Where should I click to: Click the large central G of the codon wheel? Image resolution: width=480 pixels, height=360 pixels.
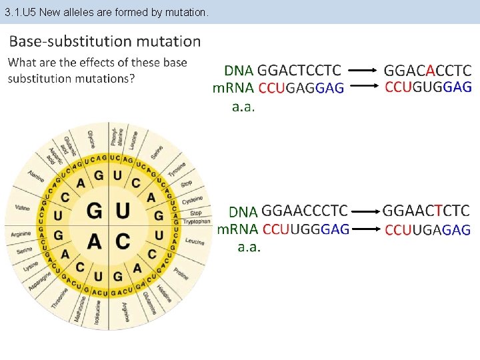point(95,211)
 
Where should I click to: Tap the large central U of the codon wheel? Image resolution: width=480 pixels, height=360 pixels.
point(123,211)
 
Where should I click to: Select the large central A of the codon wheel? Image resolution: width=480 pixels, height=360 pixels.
point(95,241)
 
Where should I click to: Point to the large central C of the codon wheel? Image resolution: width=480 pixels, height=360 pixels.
point(123,241)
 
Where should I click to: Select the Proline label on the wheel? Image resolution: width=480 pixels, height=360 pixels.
point(181,272)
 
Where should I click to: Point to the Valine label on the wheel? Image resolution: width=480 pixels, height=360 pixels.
point(23,208)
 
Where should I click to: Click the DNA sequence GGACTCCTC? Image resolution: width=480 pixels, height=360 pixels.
point(299,70)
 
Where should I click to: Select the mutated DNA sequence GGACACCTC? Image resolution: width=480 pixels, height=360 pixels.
point(427,70)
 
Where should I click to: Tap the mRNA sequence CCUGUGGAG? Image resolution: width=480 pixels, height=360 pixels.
point(428,87)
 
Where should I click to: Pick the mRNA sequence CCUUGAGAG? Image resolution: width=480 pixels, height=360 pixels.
point(427,230)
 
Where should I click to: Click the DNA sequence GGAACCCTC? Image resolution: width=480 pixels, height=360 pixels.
point(305,211)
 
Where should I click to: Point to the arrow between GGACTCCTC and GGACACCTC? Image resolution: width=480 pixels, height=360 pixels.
point(363,70)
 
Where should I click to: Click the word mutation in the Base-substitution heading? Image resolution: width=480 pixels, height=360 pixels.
point(168,41)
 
